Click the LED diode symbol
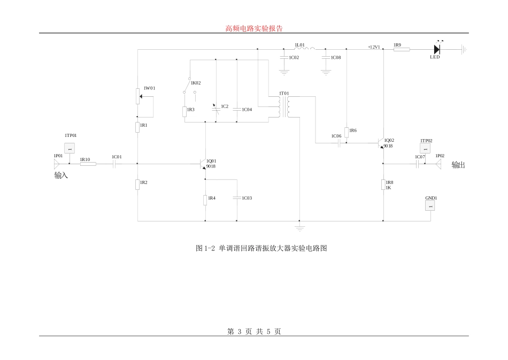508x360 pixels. coord(436,49)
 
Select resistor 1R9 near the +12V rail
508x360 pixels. coord(402,49)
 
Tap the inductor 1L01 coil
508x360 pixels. coord(304,49)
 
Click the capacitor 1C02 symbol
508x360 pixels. coord(284,56)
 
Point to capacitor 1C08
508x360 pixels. coord(326,56)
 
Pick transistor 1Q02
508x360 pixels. coord(381,143)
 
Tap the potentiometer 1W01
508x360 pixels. coord(138,98)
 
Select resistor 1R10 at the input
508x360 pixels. coord(88,164)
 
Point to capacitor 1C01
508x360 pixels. coord(114,164)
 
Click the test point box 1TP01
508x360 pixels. coord(69,148)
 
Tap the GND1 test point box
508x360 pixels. coord(430,205)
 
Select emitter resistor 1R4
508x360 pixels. coord(205,200)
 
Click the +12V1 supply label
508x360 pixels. coord(374,47)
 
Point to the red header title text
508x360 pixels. coord(254,28)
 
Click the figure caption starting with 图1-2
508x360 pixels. coord(261,249)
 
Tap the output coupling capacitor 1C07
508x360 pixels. coord(417,164)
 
